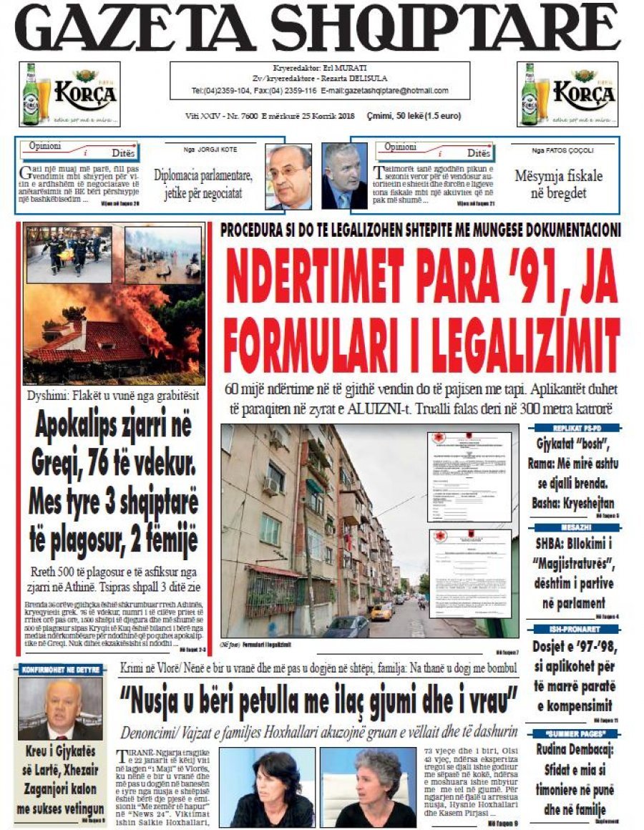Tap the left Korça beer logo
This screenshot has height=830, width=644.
(x=69, y=93)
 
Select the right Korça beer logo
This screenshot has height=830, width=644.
(x=567, y=93)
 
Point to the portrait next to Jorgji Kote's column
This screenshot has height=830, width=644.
(x=288, y=176)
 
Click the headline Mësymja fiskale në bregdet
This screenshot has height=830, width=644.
(x=558, y=184)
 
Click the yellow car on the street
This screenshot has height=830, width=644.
(x=382, y=612)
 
